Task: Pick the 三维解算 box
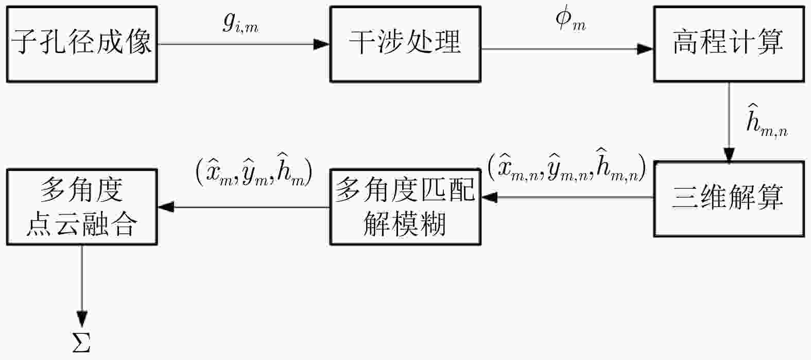pos(729,198)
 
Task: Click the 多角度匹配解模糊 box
pos(405,206)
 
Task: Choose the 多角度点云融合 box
pos(82,206)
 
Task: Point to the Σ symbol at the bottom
pos(81,342)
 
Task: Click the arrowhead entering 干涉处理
pos(322,44)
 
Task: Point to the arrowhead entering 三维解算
pos(729,155)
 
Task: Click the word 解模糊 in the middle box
pos(405,224)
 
